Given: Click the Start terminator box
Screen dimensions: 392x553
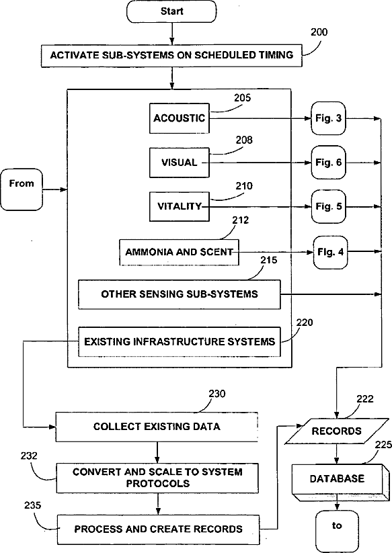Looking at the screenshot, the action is coord(171,11).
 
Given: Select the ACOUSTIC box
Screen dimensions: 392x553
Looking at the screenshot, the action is coord(180,118).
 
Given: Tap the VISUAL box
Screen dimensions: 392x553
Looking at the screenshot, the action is coord(180,163).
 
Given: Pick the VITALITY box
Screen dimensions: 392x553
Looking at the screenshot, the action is coord(180,206).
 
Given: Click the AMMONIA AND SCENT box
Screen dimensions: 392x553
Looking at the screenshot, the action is coord(180,252).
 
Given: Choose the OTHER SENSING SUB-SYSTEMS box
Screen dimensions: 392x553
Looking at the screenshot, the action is coord(180,294).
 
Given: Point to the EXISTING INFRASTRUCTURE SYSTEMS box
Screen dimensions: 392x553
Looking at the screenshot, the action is coord(180,342).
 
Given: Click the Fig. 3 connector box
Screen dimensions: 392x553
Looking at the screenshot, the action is coord(328,118).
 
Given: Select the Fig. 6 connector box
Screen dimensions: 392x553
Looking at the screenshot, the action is coord(328,162).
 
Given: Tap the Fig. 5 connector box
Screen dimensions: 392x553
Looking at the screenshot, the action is coord(328,206).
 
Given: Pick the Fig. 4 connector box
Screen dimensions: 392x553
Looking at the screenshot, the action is coord(330,252).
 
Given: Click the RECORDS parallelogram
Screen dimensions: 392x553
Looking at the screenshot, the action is coord(336,431).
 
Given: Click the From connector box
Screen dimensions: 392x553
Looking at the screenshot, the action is coord(22,189).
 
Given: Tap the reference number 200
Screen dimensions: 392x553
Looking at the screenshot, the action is coord(319,32).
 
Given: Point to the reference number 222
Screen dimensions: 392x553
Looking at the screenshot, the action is coord(365,399).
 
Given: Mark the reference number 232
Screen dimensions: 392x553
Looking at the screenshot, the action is coord(29,456).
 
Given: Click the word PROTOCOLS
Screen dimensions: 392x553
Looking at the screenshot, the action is coord(158,483).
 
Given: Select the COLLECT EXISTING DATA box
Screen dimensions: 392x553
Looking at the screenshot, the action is coord(157,427).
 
